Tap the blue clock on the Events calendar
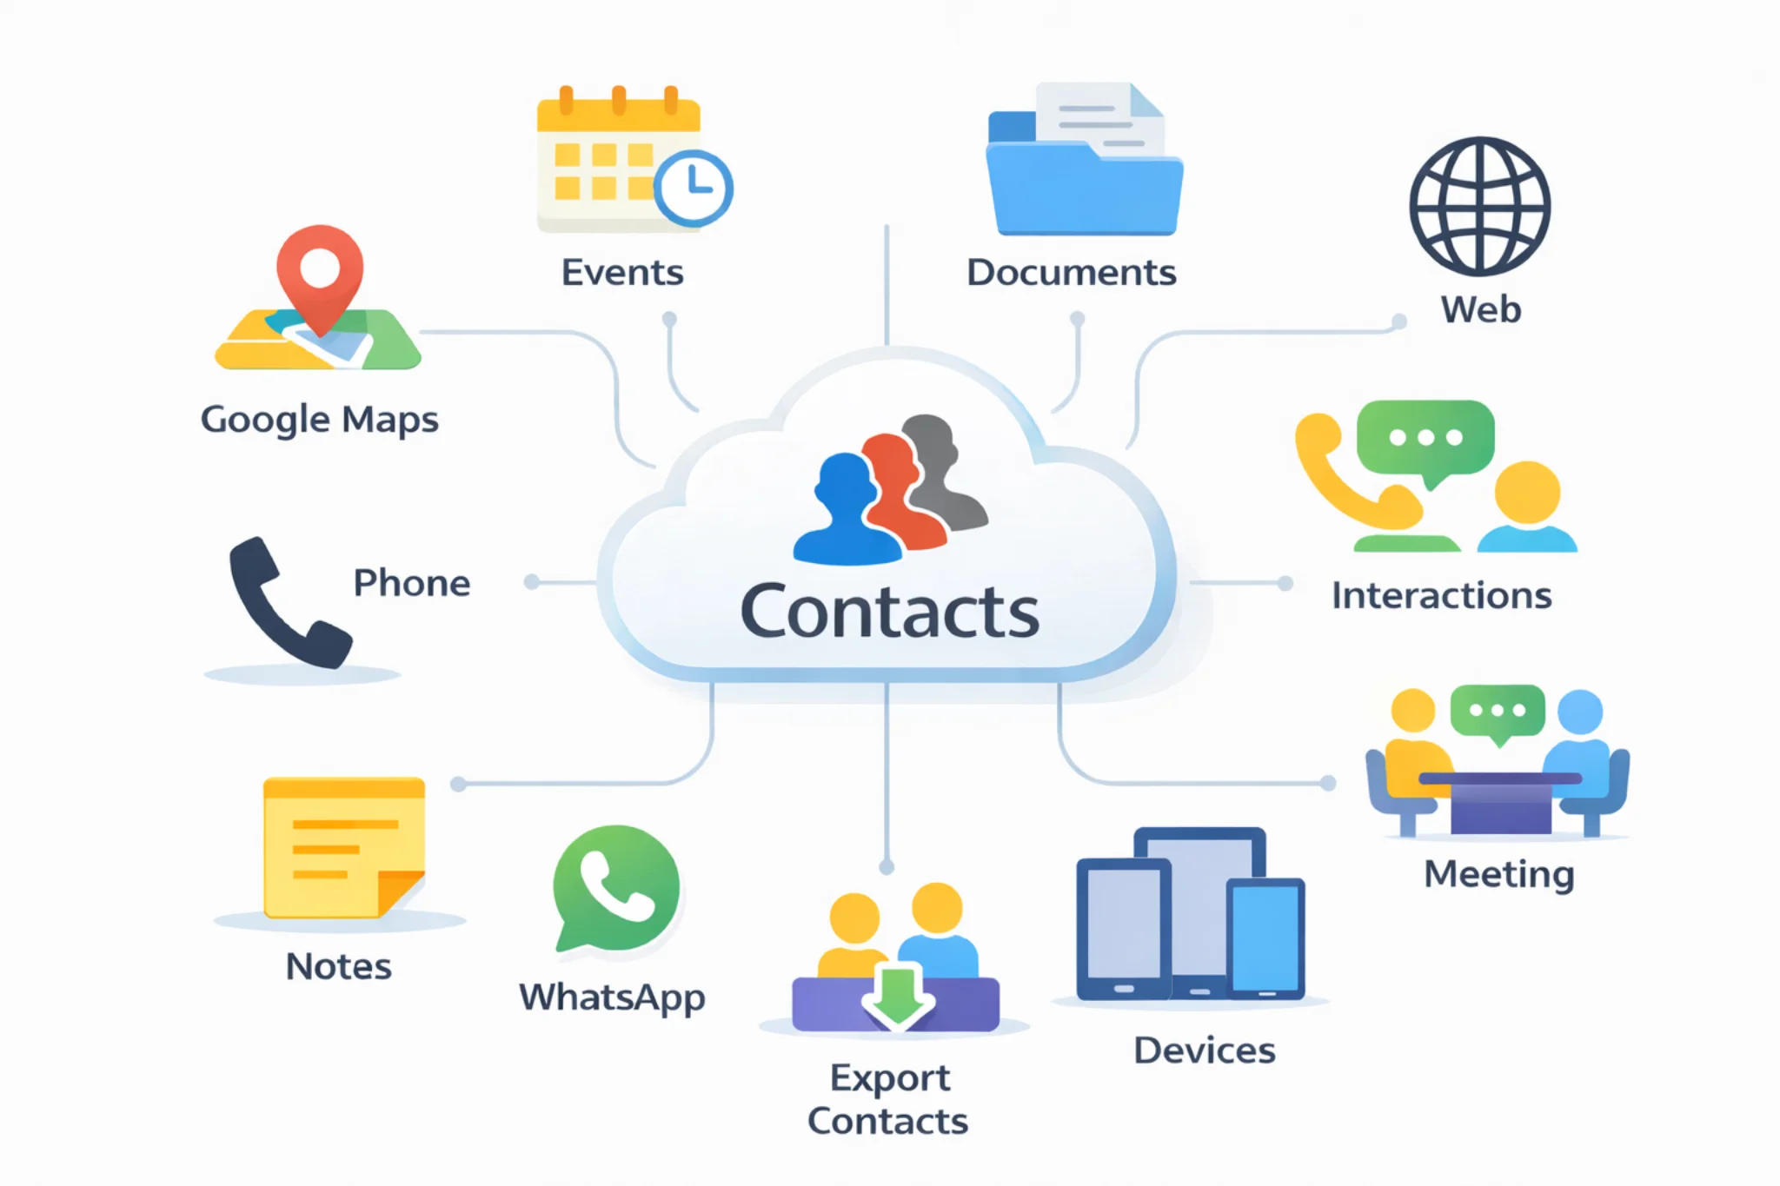tap(694, 188)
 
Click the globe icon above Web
tap(1479, 207)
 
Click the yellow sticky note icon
tap(342, 847)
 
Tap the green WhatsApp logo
tap(616, 888)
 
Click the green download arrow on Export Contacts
tap(897, 994)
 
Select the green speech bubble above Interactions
tap(1425, 440)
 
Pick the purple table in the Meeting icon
tap(1500, 804)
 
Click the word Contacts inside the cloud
tap(889, 613)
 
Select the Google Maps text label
tap(320, 420)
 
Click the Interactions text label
tap(1441, 596)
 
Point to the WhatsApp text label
tap(612, 997)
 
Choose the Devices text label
tap(1204, 1050)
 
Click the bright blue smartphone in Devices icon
tap(1265, 938)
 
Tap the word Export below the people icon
tap(889, 1078)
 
